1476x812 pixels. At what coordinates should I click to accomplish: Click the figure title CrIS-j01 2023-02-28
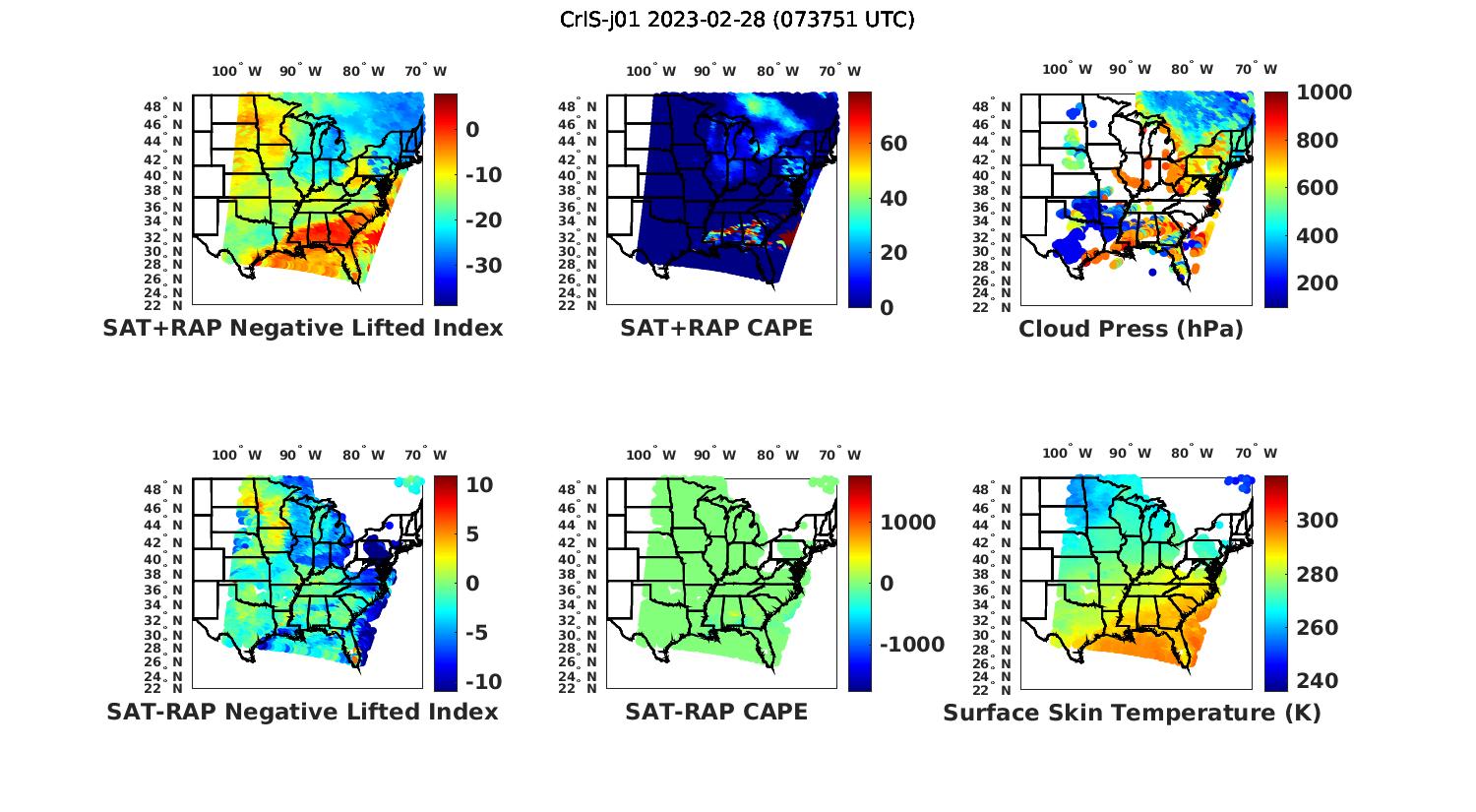737,20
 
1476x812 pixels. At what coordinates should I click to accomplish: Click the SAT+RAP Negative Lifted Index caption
302,328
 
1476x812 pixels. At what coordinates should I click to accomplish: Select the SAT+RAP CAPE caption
716,328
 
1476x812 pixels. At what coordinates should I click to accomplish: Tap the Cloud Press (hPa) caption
1131,329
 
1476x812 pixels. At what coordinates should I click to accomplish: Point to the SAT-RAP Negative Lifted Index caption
302,712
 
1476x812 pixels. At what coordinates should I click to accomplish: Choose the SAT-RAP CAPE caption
716,712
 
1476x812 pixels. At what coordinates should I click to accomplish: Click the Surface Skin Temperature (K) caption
1132,713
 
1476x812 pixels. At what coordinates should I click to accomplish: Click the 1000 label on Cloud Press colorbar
1323,93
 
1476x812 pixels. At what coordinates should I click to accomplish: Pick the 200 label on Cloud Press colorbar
1318,283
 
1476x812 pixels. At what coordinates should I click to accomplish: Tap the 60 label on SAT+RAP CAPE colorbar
893,144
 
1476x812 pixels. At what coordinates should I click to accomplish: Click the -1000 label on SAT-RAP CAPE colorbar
912,645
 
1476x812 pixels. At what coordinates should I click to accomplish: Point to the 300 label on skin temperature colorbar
1318,521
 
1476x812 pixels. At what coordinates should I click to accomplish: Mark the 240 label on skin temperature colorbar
1318,681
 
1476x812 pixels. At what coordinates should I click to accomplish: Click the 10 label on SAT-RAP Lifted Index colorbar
479,485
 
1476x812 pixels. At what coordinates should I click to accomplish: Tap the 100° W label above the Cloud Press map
1068,70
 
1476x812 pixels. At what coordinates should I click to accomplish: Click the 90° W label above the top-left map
300,71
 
